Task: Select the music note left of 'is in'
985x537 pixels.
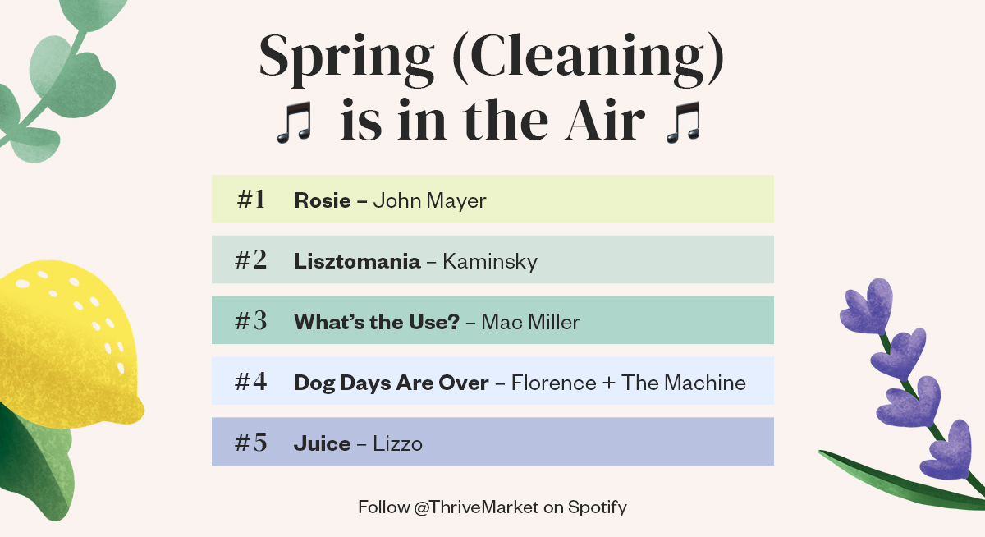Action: (295, 124)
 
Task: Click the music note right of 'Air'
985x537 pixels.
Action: (683, 124)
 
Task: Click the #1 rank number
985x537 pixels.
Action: (251, 200)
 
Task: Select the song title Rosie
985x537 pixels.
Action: (322, 200)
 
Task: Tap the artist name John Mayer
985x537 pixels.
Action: (429, 200)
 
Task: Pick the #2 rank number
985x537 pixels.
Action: (251, 260)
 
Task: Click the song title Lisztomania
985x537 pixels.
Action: (357, 261)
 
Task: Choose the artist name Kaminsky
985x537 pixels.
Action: (490, 261)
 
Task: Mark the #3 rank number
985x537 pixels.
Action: (251, 321)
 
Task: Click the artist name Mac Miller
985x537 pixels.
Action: (530, 322)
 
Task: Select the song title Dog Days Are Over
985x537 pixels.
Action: (391, 383)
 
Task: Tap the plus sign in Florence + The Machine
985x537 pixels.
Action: (608, 383)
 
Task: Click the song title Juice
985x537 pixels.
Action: (322, 443)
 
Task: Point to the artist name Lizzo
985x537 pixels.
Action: (397, 443)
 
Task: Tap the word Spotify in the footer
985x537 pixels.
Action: (597, 507)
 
